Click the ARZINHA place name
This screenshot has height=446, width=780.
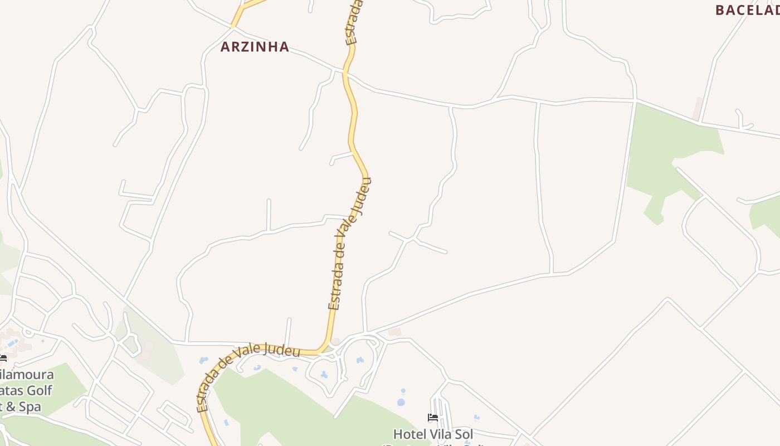click(255, 47)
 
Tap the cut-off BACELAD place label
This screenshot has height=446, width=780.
click(747, 10)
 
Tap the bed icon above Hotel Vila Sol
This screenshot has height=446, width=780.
click(432, 418)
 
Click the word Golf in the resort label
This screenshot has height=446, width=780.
click(40, 390)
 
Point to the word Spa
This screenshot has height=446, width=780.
click(30, 406)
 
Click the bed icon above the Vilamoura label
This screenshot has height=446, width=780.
click(3, 358)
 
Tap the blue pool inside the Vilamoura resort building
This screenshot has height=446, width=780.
click(12, 342)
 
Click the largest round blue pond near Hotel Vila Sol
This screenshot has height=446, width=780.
click(401, 402)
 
